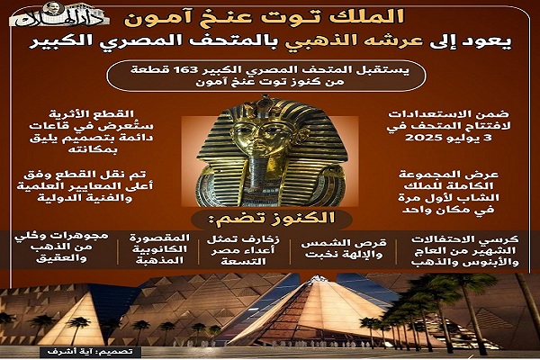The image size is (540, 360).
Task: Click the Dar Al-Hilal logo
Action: (59, 15)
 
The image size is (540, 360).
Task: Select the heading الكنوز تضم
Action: (272, 218)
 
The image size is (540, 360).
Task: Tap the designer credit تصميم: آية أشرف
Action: (90, 352)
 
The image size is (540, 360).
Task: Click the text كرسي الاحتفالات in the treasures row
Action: (464, 239)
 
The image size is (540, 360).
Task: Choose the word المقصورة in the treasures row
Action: (159, 238)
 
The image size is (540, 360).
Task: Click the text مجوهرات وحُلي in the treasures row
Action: (61, 236)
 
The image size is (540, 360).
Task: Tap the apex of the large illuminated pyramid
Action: (316, 276)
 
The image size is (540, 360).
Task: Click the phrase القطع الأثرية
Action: (91, 113)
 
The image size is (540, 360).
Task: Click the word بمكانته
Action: (93, 150)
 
